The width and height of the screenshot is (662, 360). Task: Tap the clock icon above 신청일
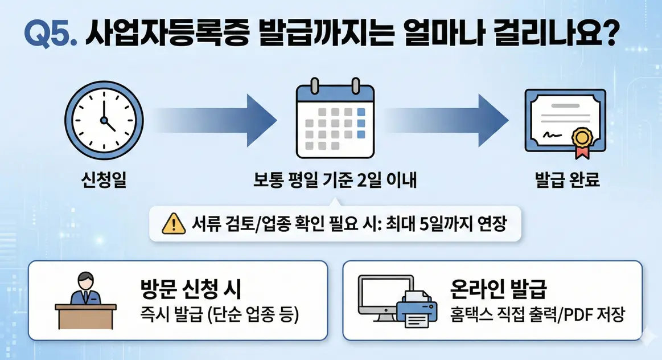point(103,120)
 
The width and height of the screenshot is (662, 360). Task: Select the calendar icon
point(335,120)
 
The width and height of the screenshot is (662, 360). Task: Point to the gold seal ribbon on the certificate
point(581,140)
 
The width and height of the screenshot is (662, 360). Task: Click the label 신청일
point(103,181)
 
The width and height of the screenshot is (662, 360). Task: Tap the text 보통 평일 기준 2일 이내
point(335,181)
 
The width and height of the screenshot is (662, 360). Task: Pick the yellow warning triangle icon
point(173,224)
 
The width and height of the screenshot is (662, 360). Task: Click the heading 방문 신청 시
point(191,289)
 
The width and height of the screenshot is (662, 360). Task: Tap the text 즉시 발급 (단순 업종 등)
point(219,314)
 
